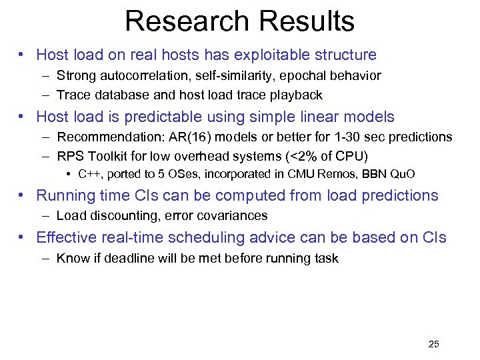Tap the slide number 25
click(x=433, y=344)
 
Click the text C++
click(x=89, y=175)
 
